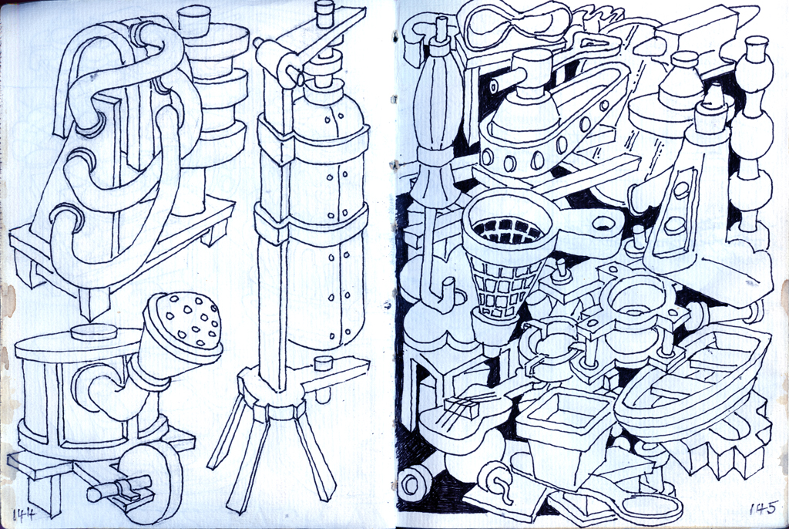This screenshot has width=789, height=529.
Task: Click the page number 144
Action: (x=25, y=514)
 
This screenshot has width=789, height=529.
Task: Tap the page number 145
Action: (x=763, y=509)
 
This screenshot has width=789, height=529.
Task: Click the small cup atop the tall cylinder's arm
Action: (x=324, y=14)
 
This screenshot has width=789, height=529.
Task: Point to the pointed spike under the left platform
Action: (x=93, y=303)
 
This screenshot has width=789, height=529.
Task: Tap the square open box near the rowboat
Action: (x=562, y=418)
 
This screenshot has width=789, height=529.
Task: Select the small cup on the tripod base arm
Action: (x=324, y=362)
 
